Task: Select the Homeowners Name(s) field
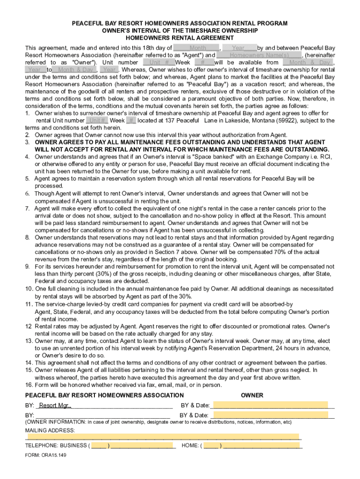(x=256, y=55)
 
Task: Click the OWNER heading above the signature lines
(x=252, y=395)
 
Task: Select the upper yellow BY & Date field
(x=270, y=405)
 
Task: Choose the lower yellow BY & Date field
(x=270, y=415)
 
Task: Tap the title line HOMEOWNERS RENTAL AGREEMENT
(x=180, y=38)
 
